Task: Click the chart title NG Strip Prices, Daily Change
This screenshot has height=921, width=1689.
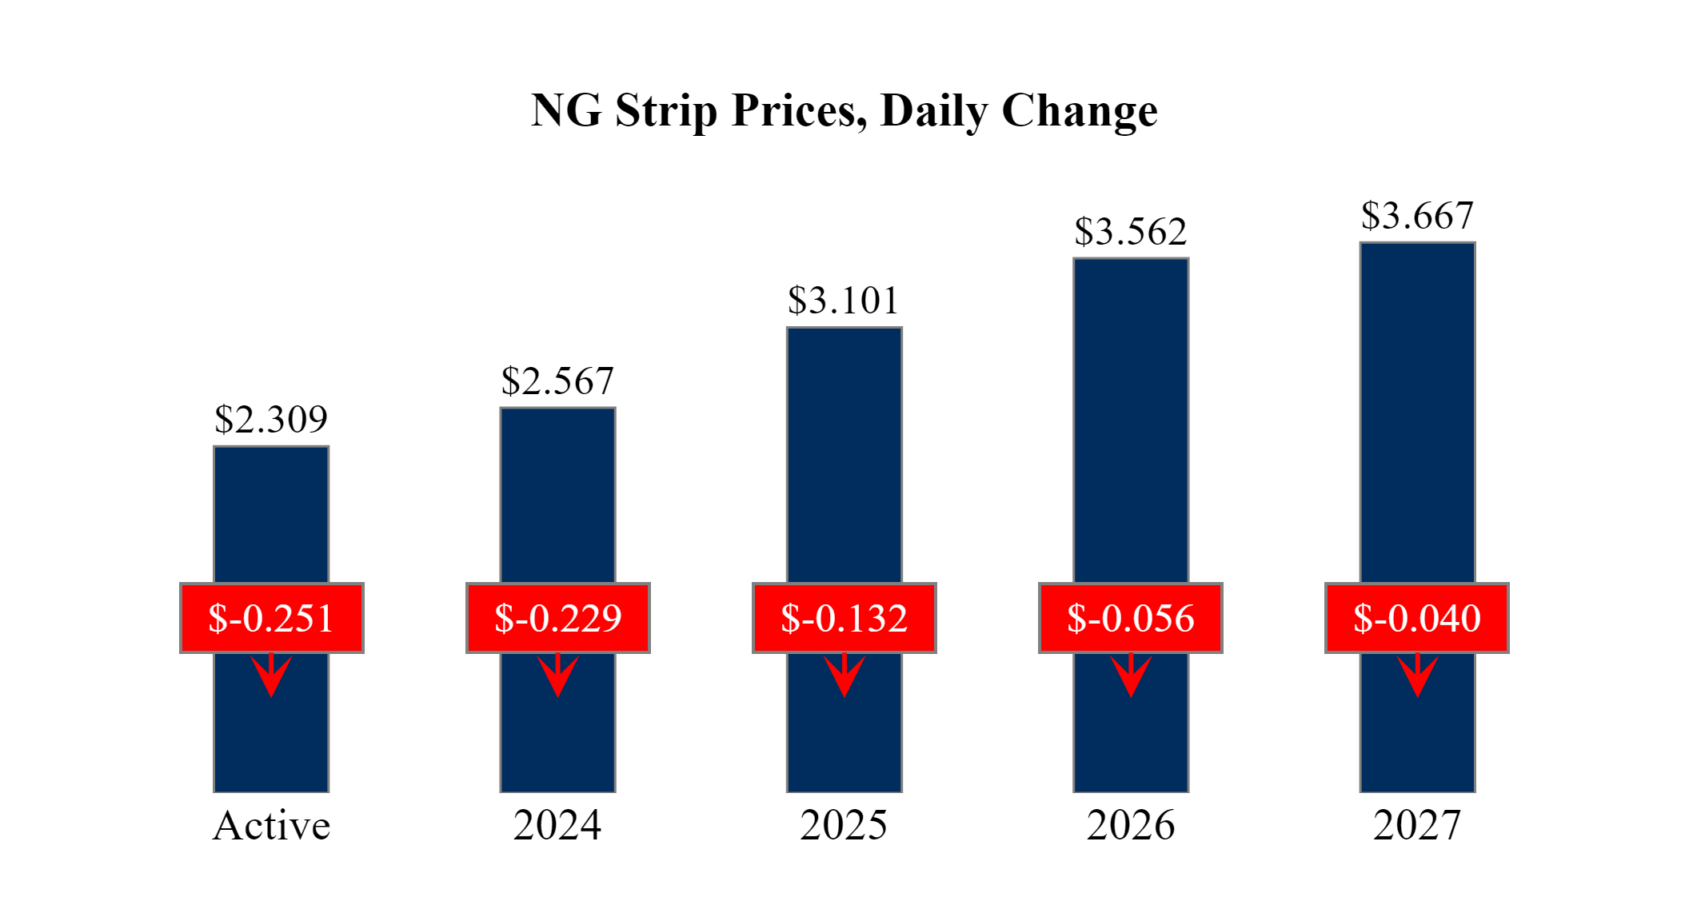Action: (x=844, y=110)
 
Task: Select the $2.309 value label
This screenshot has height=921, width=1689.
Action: (x=271, y=420)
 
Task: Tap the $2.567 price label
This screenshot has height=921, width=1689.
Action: (x=557, y=381)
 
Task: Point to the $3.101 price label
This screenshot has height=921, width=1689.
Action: (x=844, y=301)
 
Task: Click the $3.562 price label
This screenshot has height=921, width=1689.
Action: (x=1130, y=232)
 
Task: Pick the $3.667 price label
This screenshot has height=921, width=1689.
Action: (x=1417, y=216)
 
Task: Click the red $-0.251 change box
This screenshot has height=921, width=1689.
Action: (x=271, y=618)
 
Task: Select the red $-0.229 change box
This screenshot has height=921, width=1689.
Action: (x=557, y=618)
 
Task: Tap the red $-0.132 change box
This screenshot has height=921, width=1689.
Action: (x=844, y=618)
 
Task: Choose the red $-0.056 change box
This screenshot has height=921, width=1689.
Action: (x=1130, y=618)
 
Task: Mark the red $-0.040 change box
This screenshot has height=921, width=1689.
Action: (x=1417, y=618)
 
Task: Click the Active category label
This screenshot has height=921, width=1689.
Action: (x=271, y=826)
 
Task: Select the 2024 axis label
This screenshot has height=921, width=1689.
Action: (x=557, y=826)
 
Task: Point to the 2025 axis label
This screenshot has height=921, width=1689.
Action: (x=844, y=826)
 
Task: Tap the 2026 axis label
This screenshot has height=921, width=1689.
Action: (x=1130, y=826)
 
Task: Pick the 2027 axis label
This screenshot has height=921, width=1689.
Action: (x=1417, y=826)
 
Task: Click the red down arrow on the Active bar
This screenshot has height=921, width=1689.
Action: (x=271, y=676)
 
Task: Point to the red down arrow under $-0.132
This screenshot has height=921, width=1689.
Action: (x=844, y=676)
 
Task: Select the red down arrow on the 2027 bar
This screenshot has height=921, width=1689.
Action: (x=1417, y=676)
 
